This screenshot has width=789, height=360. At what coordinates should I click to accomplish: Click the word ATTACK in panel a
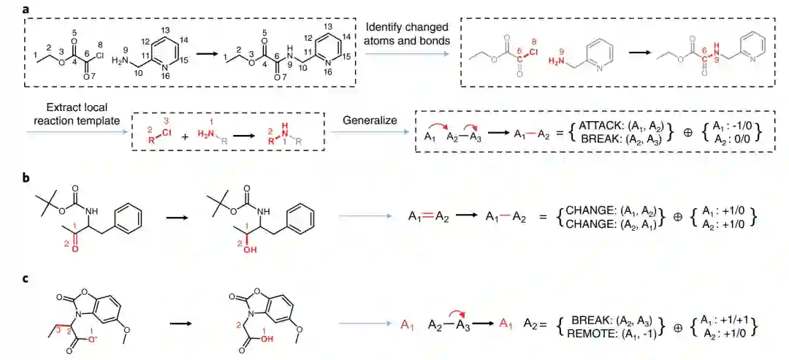600,126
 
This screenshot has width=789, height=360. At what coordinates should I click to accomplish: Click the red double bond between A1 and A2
426,217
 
